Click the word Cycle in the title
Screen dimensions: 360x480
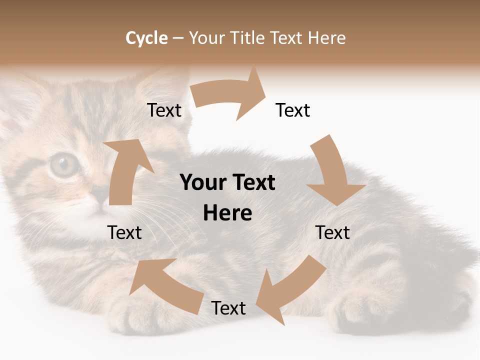pos(146,38)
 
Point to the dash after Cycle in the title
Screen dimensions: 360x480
pos(178,38)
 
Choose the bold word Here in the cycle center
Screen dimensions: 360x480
pos(227,213)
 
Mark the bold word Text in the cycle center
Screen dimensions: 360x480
pos(253,183)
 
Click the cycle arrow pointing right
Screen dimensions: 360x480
pos(230,95)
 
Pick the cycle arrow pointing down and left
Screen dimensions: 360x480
pos(290,290)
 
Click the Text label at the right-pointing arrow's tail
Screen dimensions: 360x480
pos(164,110)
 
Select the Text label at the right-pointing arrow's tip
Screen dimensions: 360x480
pos(293,110)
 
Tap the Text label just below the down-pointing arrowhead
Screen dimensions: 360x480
pos(332,232)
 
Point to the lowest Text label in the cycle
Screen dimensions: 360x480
pos(228,308)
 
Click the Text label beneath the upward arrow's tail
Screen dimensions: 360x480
pos(124,232)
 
